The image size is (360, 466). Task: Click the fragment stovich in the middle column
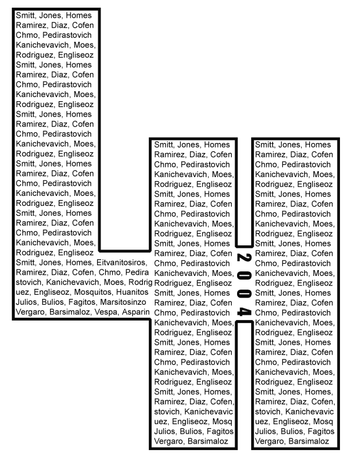point(168,411)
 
